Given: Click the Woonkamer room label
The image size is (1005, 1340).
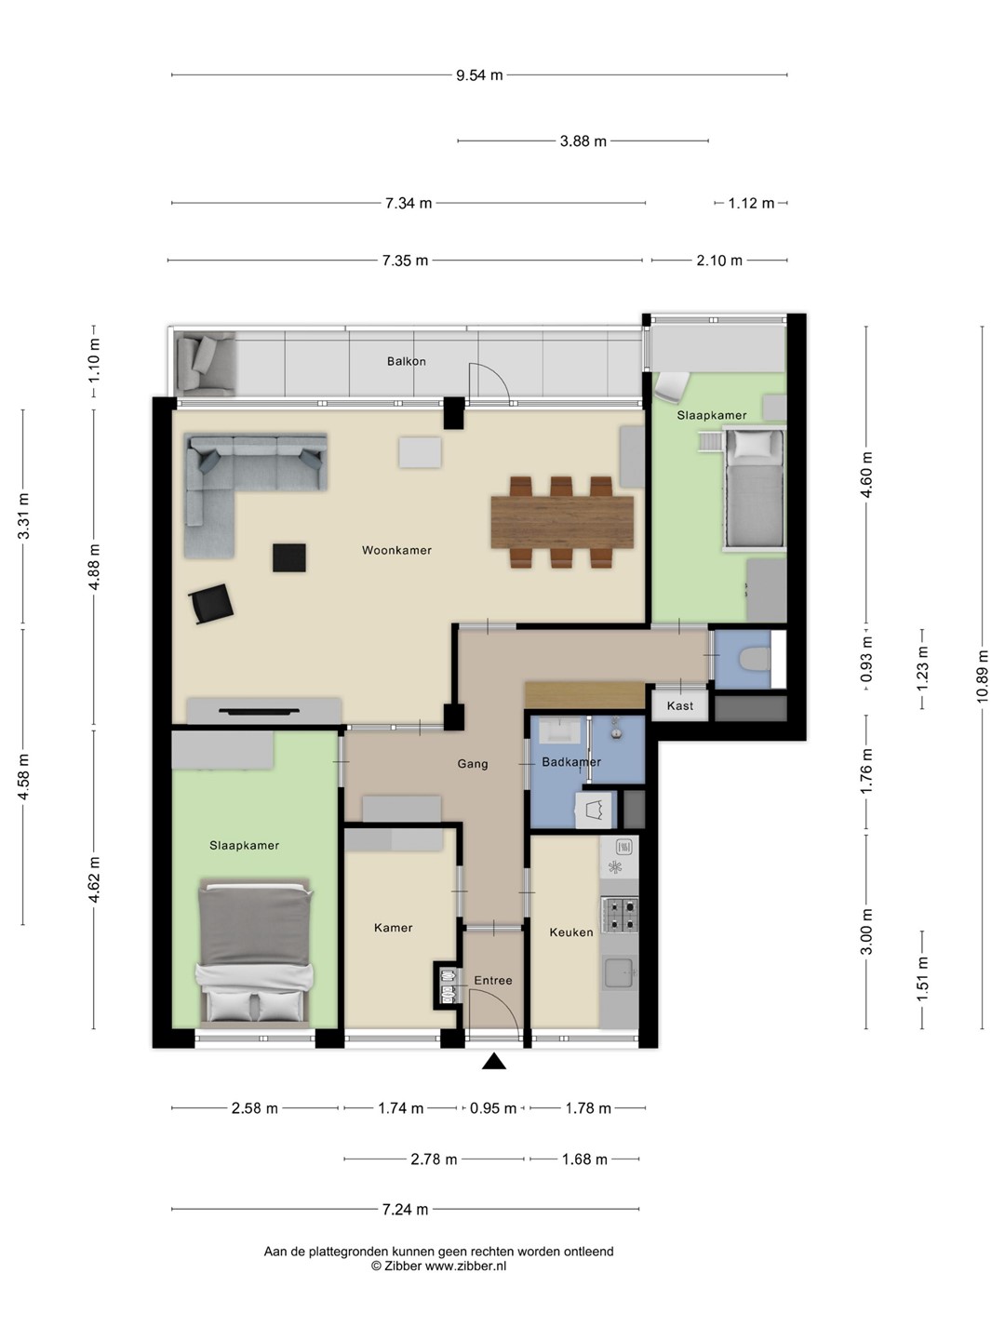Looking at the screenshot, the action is [396, 550].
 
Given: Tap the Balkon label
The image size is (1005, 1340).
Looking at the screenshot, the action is [407, 361].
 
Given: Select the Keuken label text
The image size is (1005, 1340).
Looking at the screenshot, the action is [571, 932].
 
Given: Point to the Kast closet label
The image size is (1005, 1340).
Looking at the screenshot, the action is [679, 705].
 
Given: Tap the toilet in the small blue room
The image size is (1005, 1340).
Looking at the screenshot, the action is [754, 660].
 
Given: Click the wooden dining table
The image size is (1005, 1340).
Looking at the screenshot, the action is [562, 523].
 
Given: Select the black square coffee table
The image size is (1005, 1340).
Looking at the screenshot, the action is [289, 558].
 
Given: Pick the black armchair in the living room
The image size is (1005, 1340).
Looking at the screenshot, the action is [211, 604].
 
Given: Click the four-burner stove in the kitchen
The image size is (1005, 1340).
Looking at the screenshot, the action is [620, 915].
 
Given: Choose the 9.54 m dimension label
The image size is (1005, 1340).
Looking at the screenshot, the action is [479, 75].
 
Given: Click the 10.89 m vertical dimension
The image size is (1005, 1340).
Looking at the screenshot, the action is [982, 677].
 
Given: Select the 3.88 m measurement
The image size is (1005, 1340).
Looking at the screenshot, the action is [583, 141].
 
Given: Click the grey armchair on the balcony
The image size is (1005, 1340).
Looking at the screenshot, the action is [206, 364].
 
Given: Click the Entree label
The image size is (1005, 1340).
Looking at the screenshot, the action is [493, 981].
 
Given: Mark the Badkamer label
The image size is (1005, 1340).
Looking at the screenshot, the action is [571, 762].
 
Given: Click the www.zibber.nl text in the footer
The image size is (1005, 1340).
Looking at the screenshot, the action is [465, 1266].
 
